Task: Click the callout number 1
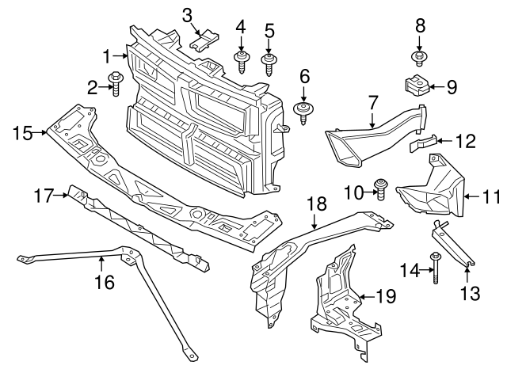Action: [x=108, y=55]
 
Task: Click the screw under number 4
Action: [x=240, y=59]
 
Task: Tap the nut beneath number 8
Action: [x=419, y=56]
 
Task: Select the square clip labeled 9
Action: [x=417, y=84]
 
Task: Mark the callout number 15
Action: [x=21, y=133]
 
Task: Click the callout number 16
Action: [x=104, y=281]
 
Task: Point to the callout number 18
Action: [x=316, y=204]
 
